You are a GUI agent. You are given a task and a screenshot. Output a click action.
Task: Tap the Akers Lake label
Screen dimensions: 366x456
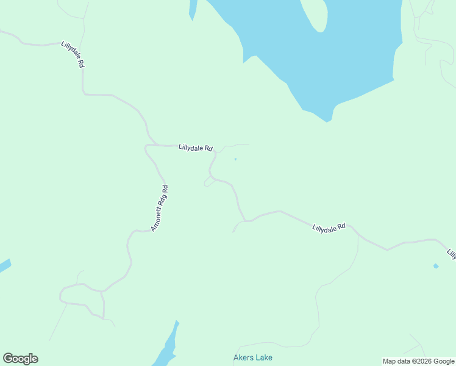click(x=253, y=358)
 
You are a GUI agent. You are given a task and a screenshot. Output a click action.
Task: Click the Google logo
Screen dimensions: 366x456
click(x=20, y=359)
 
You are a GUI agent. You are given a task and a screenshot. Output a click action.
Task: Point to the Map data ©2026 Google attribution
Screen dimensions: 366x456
click(x=418, y=361)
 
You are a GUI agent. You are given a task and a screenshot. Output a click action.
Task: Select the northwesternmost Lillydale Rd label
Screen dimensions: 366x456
click(x=72, y=54)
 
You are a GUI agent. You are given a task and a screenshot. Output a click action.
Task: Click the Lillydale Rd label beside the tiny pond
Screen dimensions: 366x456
click(x=195, y=148)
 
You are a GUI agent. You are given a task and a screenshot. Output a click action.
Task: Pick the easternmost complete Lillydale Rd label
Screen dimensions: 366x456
click(x=329, y=228)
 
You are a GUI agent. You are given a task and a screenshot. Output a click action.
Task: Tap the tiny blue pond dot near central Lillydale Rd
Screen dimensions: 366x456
click(x=235, y=160)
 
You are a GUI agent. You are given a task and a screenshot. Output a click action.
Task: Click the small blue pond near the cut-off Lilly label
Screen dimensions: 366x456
click(x=435, y=266)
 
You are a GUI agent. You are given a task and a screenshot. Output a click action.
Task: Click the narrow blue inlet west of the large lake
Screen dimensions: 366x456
click(x=193, y=9)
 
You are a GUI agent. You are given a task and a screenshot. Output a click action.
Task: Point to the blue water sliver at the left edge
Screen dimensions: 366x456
click(x=4, y=266)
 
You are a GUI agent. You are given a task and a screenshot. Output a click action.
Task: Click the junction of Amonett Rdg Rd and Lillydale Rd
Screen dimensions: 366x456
click(x=147, y=146)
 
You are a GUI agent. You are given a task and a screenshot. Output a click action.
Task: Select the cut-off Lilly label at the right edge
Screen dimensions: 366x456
click(x=451, y=253)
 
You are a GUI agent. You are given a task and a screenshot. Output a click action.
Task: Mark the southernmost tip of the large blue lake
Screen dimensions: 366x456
click(x=327, y=121)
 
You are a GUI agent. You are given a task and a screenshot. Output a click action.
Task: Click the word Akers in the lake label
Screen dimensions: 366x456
click(x=243, y=358)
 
